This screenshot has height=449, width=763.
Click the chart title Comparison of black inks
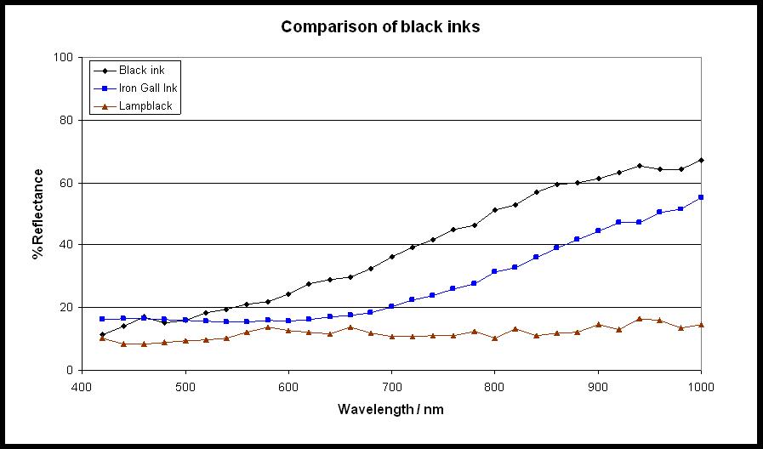pos(380,27)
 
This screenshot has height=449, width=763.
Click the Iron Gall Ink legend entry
pos(148,88)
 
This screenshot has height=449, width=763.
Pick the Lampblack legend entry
pos(145,106)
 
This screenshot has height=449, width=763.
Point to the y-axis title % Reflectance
pos(38,213)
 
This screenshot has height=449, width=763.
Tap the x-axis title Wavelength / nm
pos(390,409)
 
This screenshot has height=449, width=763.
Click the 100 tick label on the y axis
pos(63,58)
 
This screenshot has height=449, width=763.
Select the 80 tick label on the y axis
pos(65,121)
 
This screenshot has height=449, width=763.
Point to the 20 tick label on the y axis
pos(65,308)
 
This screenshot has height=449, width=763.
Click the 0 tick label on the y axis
pos(69,370)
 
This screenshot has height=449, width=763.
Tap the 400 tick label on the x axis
pos(83,385)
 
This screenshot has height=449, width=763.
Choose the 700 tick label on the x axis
pos(391,385)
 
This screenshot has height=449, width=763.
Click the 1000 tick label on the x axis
pos(700,385)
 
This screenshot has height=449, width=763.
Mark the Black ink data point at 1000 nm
pos(701,160)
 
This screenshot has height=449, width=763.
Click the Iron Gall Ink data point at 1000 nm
pos(701,197)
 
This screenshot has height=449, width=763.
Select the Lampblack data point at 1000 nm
pos(701,325)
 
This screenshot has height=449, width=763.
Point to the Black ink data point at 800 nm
pos(495,210)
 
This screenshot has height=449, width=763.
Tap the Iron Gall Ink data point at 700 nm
pos(391,306)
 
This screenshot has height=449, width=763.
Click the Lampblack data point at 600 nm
pos(288,330)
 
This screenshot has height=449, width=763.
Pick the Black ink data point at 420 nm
pos(103,334)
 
